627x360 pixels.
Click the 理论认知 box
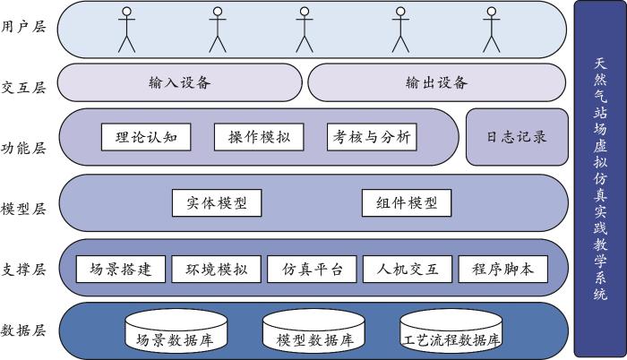(x=146, y=137)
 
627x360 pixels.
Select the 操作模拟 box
(x=259, y=137)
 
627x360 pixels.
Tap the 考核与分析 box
(x=372, y=137)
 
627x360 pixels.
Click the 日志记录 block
(x=517, y=137)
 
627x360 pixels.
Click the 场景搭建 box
(x=121, y=269)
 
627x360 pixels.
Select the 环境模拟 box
(x=217, y=269)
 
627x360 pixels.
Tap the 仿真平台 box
(x=312, y=269)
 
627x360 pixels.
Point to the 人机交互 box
(x=408, y=269)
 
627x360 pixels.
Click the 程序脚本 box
(x=502, y=269)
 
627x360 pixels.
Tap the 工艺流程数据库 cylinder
(x=451, y=332)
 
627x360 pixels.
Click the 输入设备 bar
(x=179, y=82)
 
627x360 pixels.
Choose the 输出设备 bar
(x=436, y=82)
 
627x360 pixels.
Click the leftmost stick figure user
(x=126, y=30)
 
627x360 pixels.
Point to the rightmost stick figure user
(x=491, y=30)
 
